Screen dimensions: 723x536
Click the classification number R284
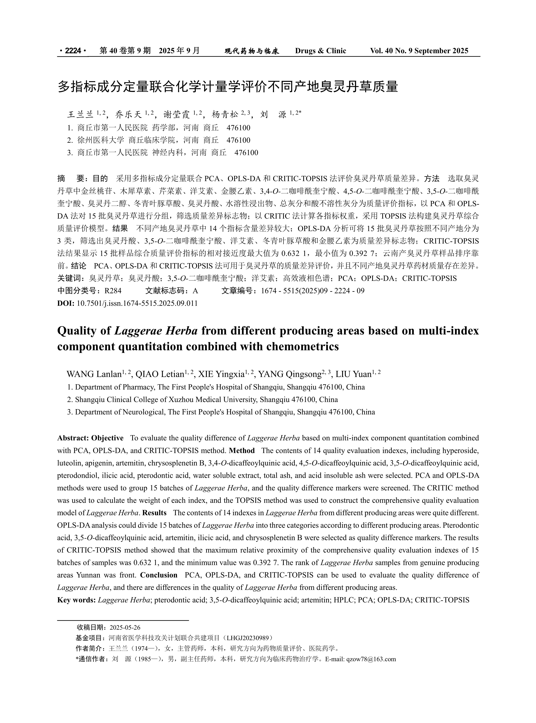113,291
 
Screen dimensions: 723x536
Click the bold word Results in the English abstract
154,513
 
